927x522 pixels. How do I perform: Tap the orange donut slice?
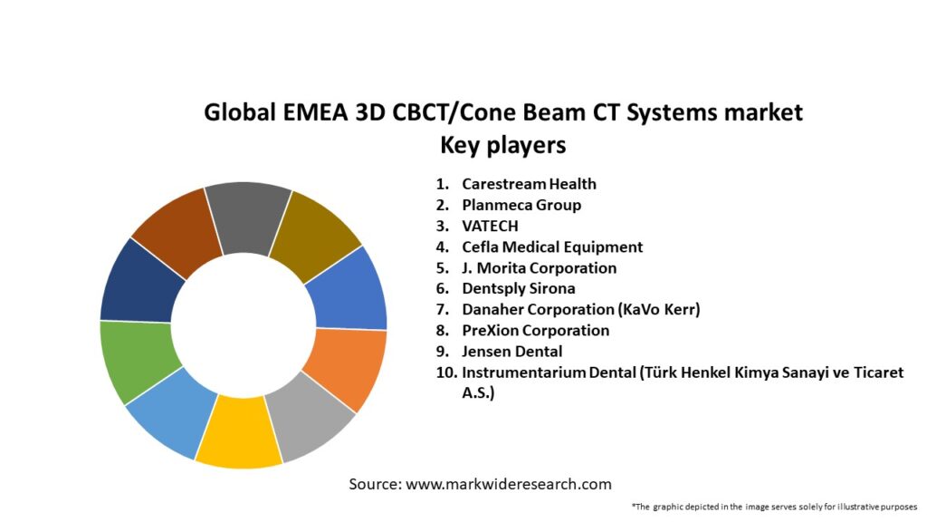point(345,367)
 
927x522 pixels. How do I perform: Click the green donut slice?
point(138,360)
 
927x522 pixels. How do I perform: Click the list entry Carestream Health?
point(529,184)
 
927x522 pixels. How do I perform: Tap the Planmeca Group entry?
point(521,205)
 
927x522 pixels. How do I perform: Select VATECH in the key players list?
point(492,226)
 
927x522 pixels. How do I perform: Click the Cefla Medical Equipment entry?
point(552,246)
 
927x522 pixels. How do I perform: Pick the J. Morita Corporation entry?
point(539,268)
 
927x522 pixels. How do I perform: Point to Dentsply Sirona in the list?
point(518,289)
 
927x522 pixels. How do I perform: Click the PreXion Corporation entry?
point(535,331)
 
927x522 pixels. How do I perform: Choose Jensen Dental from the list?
point(511,352)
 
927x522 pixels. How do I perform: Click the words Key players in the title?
point(502,144)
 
